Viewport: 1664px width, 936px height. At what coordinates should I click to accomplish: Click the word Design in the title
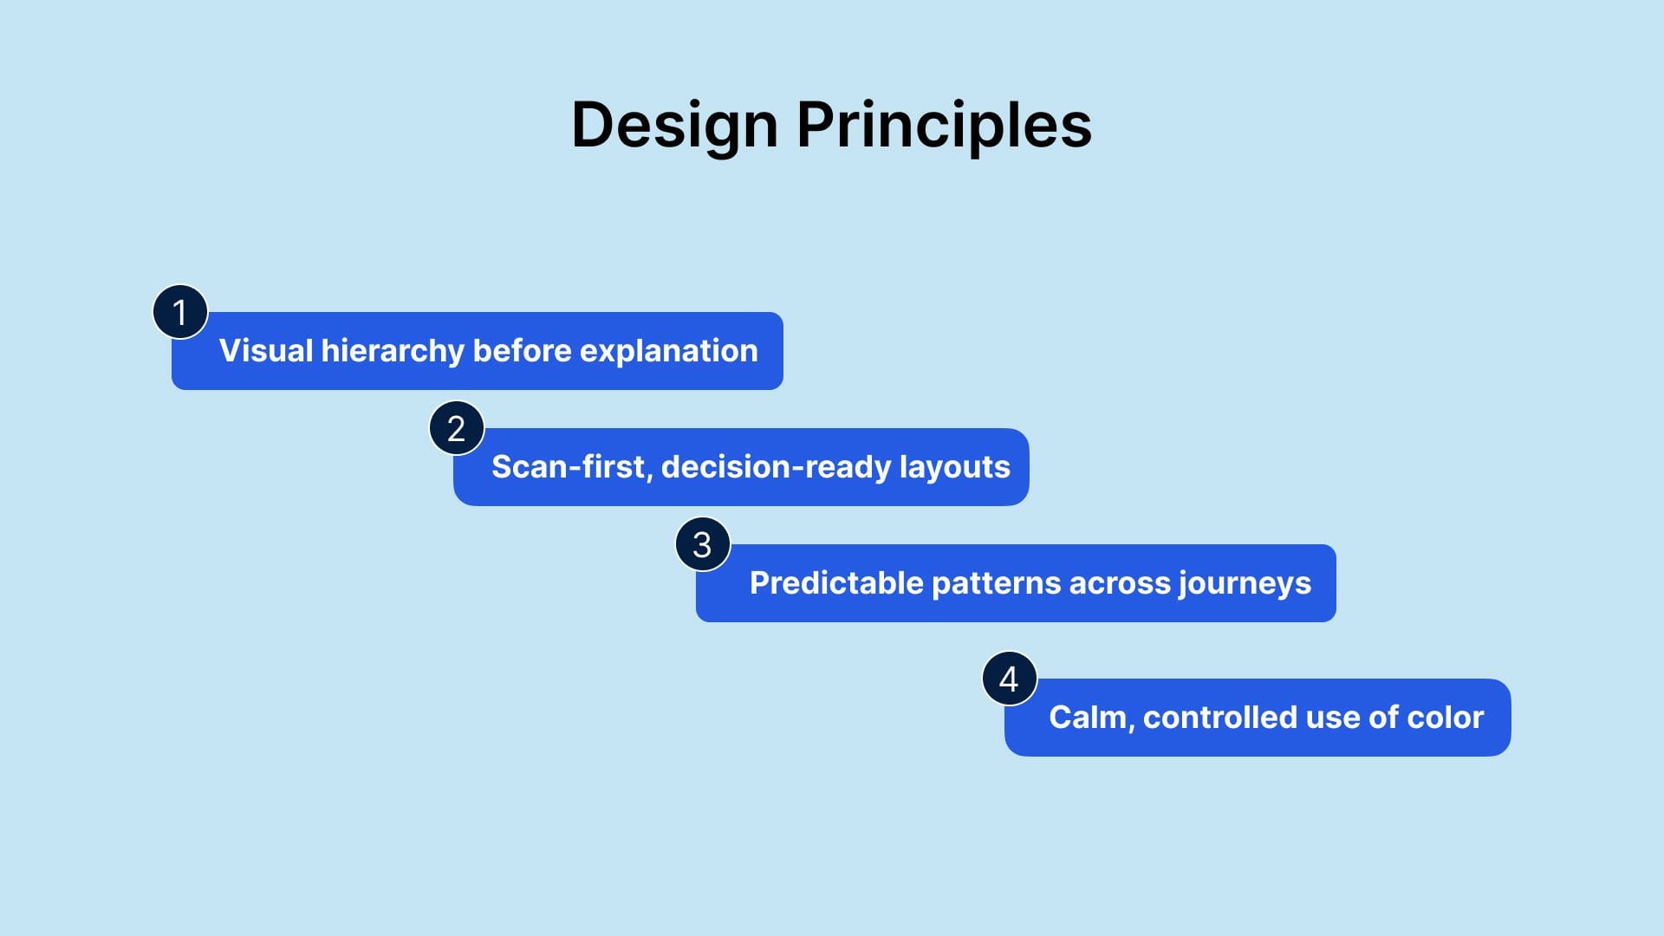point(674,126)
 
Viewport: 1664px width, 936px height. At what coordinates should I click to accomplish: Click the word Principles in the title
point(944,126)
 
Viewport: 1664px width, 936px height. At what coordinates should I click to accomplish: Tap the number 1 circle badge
point(180,312)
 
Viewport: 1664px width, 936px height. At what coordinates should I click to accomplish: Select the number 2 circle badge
point(457,428)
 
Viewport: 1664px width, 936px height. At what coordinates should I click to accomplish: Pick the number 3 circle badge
point(702,544)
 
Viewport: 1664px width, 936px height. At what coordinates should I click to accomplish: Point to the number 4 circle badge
point(1009,679)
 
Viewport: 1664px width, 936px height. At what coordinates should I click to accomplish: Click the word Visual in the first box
point(265,351)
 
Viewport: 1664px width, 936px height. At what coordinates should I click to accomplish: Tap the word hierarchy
point(393,351)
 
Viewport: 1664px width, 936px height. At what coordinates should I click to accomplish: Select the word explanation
point(668,351)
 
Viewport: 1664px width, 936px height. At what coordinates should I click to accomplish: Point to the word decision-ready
point(776,467)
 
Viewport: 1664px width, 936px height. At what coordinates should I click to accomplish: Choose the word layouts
point(954,467)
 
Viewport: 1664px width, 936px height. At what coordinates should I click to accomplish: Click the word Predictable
point(835,583)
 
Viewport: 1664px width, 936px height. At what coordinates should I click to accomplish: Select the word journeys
point(1245,583)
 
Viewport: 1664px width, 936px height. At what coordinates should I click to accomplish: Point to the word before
point(522,351)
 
